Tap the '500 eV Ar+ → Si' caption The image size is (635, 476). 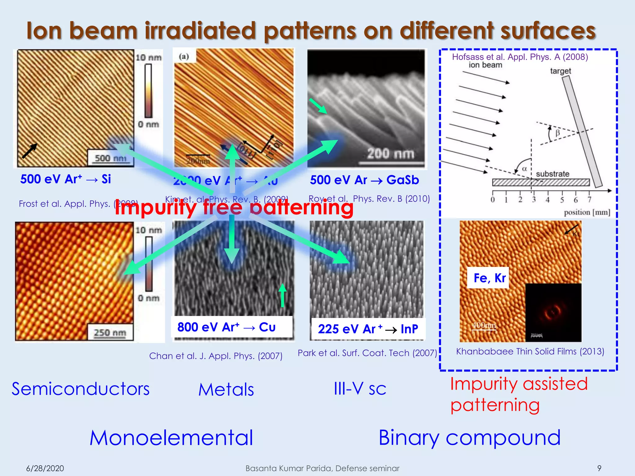pos(65,179)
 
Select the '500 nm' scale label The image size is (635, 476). pos(110,158)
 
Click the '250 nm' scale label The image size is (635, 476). pos(110,333)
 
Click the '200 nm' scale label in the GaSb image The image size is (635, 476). pos(391,154)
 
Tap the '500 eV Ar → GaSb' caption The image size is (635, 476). pos(364,180)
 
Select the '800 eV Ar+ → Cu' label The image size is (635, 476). pos(226,327)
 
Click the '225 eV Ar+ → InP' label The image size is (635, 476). pos(368,329)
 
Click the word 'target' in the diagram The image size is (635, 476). pos(560,71)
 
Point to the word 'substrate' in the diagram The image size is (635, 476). pos(553,174)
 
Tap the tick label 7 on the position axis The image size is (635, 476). pos(589,200)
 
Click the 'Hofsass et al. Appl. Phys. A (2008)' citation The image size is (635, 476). pos(520,57)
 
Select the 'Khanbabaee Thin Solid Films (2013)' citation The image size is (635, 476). pos(530,351)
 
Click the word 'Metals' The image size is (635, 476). pos(226,390)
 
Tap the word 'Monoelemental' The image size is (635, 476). pos(171,438)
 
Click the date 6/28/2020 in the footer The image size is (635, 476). pos(45,468)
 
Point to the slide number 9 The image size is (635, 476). pos(599,468)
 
